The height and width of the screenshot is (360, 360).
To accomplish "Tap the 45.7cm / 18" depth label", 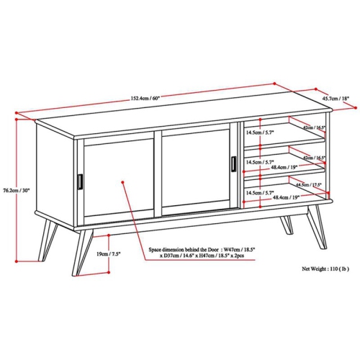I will pos(335,99).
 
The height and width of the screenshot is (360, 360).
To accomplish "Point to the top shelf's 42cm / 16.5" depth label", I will pos(314,127).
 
